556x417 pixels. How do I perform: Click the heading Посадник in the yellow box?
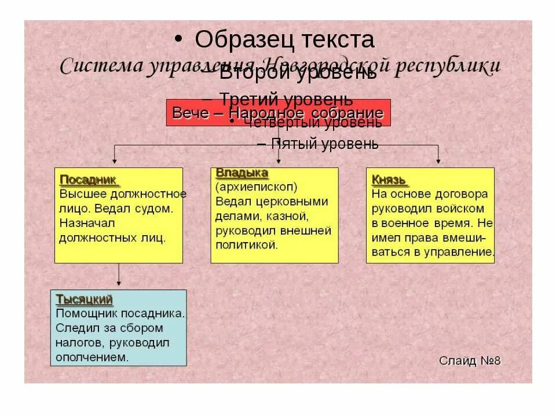88,180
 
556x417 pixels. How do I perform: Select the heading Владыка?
242,173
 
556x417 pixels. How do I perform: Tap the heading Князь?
389,180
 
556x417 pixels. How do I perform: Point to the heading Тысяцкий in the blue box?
84,299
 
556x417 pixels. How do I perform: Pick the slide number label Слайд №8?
469,361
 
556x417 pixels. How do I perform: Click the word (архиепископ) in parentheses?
256,188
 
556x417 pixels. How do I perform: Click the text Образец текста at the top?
284,40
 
